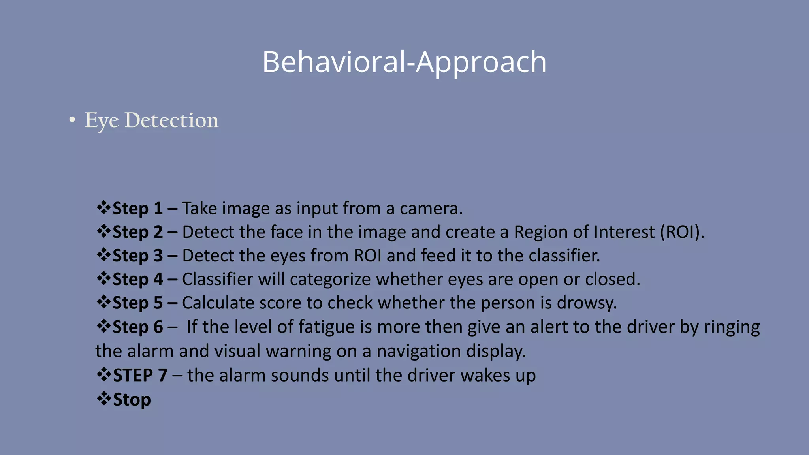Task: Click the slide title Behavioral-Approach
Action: click(x=404, y=62)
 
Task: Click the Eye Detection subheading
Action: click(x=151, y=120)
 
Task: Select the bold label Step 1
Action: click(x=137, y=209)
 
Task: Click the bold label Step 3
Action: click(x=137, y=256)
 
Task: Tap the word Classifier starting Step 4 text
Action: click(x=217, y=280)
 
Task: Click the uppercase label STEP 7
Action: click(x=140, y=375)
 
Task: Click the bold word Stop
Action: click(x=132, y=399)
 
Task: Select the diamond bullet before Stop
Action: click(x=103, y=399)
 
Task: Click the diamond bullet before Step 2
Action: click(x=103, y=231)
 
